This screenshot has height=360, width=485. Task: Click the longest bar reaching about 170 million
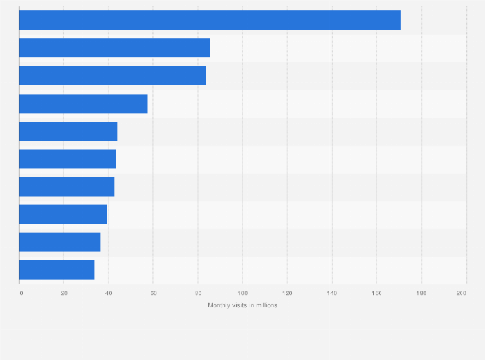210,20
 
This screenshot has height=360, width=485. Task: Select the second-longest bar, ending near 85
114,48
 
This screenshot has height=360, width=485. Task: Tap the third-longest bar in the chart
113,75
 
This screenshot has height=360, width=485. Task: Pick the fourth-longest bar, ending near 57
84,104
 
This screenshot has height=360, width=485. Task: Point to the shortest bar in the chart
57,270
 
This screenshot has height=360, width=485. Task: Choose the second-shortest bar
60,242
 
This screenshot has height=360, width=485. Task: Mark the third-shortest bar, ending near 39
63,215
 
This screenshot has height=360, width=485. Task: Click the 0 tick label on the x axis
21,293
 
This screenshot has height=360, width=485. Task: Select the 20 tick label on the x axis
64,293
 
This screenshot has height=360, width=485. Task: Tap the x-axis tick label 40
109,293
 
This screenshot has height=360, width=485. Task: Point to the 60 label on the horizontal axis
153,293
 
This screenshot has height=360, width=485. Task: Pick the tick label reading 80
198,293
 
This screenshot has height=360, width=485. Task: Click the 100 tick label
243,293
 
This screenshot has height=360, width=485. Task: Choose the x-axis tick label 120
287,293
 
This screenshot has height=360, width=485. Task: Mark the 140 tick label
332,293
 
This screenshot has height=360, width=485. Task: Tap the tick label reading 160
376,293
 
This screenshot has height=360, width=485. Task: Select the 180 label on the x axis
421,293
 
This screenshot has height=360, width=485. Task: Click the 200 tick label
461,293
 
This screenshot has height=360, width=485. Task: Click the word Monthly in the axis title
219,305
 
